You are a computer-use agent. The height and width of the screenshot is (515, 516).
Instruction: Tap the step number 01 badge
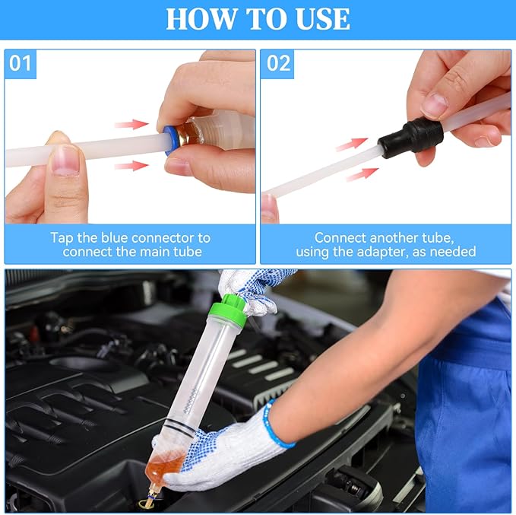[21, 63]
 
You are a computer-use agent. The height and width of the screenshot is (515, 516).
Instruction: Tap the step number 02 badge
[278, 63]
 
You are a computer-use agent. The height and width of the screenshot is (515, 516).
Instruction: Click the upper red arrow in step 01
[131, 123]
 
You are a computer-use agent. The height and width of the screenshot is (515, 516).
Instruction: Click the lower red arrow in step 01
[131, 165]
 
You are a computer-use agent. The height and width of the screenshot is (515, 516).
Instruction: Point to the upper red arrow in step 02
[351, 143]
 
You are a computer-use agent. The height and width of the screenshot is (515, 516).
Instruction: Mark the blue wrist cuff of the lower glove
[276, 426]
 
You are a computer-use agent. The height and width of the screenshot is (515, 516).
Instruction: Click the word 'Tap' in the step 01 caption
[63, 238]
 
